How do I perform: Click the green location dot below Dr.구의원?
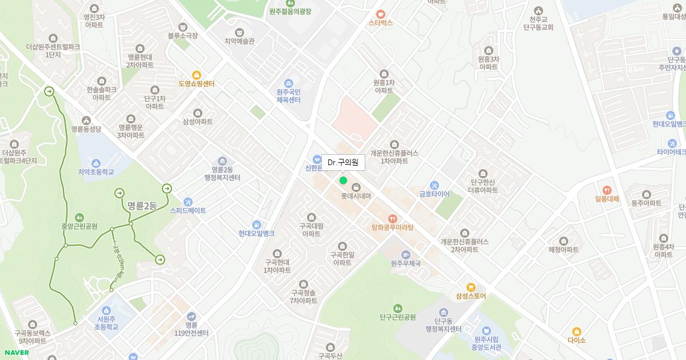343,181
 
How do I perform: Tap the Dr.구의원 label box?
343,163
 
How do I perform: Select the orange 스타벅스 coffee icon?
381,14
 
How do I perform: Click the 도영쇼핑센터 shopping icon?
197,75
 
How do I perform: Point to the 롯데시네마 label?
356,196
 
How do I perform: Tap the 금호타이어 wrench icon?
434,185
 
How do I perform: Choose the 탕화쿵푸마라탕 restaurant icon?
392,218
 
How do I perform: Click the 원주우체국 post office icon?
406,254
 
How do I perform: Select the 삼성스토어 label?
471,296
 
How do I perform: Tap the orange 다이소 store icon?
577,331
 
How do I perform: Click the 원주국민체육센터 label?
288,95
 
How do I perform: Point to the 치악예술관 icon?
239,32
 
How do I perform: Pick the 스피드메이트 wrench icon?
188,202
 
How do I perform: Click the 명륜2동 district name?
142,206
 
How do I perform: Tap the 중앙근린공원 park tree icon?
79,217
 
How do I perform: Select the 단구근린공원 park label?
397,317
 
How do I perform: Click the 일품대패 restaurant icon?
607,190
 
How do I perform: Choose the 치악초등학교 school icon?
96,163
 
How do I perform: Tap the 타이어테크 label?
671,152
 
